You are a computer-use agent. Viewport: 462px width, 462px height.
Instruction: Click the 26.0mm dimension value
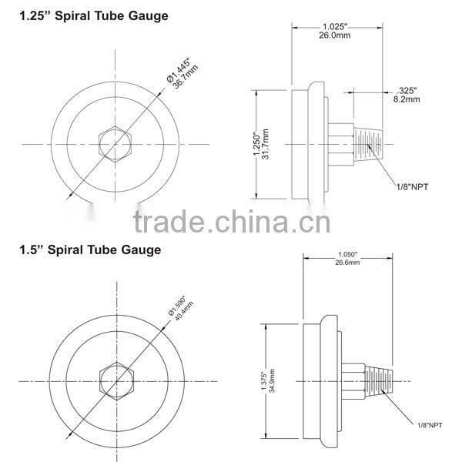tap(339, 35)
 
